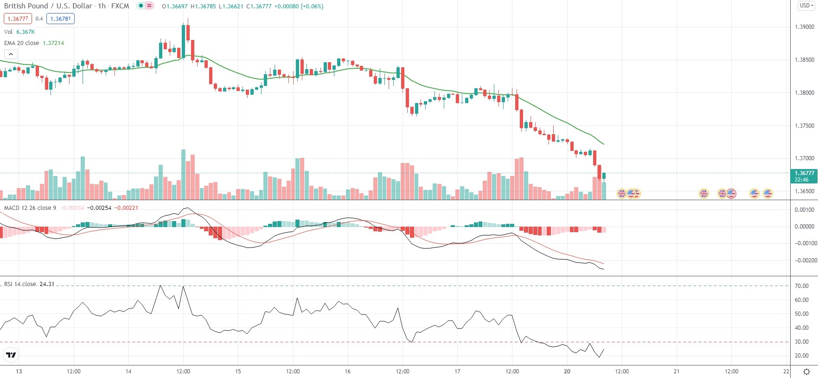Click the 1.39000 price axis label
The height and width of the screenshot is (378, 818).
tap(804, 27)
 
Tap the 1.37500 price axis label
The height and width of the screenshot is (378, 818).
tap(804, 126)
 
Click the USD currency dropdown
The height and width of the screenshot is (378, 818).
tap(806, 6)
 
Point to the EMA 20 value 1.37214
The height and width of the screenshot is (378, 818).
tap(53, 43)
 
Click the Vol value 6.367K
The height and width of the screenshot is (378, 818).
tap(26, 32)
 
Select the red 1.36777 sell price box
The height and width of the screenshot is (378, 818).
tap(18, 19)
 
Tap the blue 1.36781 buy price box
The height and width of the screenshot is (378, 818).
tap(60, 19)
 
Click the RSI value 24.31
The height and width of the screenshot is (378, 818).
tap(47, 284)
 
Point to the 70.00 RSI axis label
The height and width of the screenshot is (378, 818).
tap(801, 286)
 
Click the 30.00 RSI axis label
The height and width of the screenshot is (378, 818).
tap(801, 342)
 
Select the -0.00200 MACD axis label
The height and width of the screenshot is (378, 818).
tap(805, 261)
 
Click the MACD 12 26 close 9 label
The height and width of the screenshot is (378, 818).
tap(30, 208)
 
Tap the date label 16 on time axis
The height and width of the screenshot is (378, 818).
tap(348, 371)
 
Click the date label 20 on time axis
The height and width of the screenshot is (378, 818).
tap(567, 371)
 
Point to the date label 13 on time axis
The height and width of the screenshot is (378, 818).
tap(19, 371)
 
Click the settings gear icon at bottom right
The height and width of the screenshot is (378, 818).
tap(806, 371)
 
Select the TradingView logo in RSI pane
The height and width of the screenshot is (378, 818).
tap(11, 355)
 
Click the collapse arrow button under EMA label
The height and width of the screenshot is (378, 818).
tap(11, 54)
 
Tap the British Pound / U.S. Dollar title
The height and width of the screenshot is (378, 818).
tap(48, 6)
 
